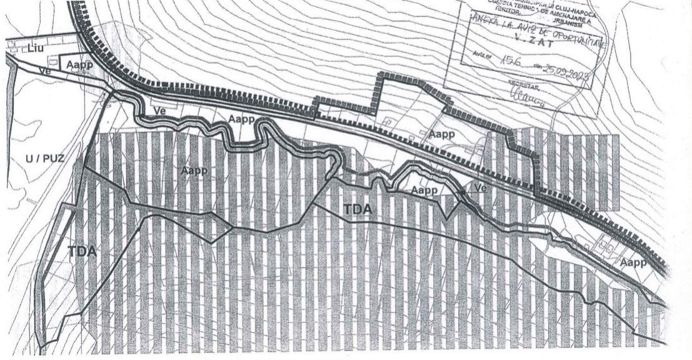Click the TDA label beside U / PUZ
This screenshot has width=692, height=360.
pyautogui.click(x=83, y=251)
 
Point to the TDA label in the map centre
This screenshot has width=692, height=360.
pyautogui.click(x=358, y=209)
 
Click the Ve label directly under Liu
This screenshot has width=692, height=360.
pyautogui.click(x=44, y=71)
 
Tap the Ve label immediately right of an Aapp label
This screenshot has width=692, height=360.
pyautogui.click(x=480, y=187)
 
